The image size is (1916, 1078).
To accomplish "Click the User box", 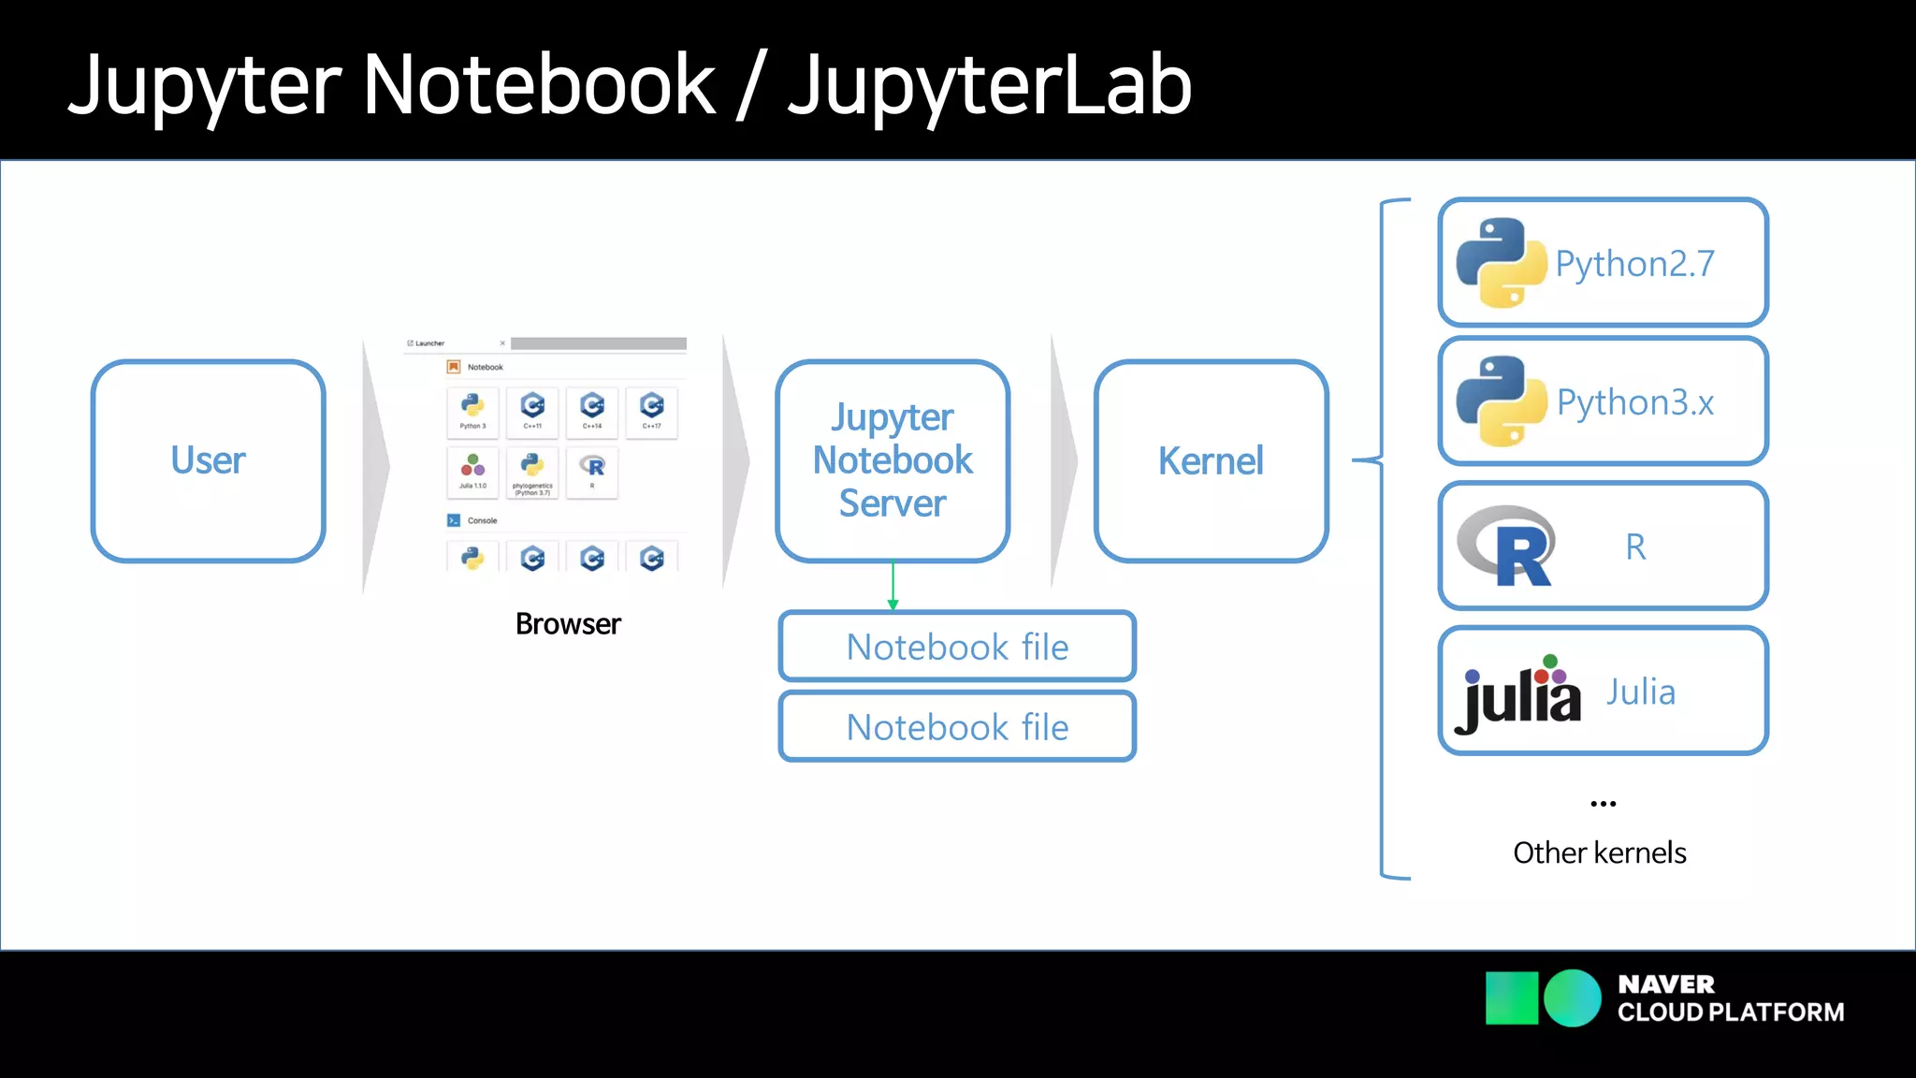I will click(x=208, y=460).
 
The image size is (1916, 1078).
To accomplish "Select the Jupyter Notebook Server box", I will click(x=892, y=460).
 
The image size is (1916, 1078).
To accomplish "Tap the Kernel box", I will click(x=1211, y=460).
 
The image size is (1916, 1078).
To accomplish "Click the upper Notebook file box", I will click(x=957, y=647).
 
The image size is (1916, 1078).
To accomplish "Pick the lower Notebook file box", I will click(x=957, y=727).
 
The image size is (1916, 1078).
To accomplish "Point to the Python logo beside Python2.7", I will click(x=1501, y=263).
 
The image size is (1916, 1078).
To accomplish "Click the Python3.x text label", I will click(x=1634, y=402).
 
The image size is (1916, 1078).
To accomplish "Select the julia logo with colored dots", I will click(x=1518, y=694).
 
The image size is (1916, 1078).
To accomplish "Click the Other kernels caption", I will click(x=1600, y=852).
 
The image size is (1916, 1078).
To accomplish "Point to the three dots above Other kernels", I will click(x=1603, y=804).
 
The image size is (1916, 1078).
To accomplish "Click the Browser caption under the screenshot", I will click(x=568, y=624).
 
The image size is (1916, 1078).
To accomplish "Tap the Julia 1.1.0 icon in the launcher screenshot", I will click(x=472, y=471).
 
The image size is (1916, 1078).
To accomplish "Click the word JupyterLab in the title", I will click(x=989, y=86).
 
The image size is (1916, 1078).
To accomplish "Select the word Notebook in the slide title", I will click(x=539, y=86).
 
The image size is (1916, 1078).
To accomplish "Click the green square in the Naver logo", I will click(x=1511, y=998).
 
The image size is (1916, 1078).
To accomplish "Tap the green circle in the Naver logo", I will click(x=1573, y=998).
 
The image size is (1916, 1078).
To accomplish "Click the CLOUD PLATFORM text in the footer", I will click(x=1730, y=1012).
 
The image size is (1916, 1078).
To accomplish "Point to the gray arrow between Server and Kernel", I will click(x=1064, y=460).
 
